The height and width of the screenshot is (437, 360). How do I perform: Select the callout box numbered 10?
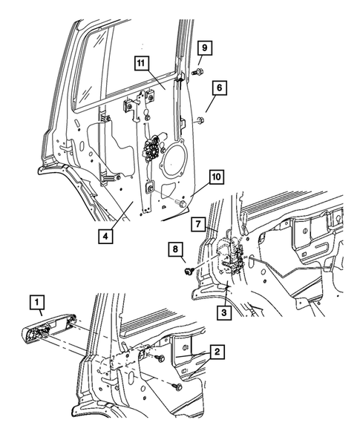(x=215, y=178)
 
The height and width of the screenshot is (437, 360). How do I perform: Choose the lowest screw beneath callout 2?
(x=175, y=387)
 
